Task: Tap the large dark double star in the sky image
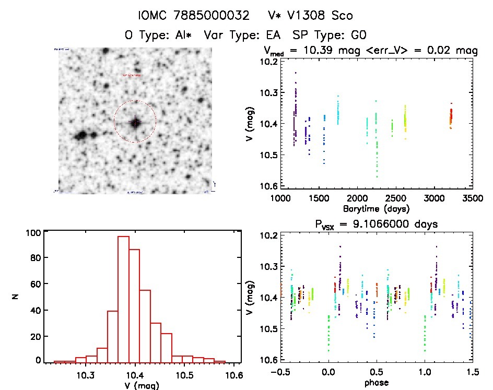pyautogui.click(x=84, y=136)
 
